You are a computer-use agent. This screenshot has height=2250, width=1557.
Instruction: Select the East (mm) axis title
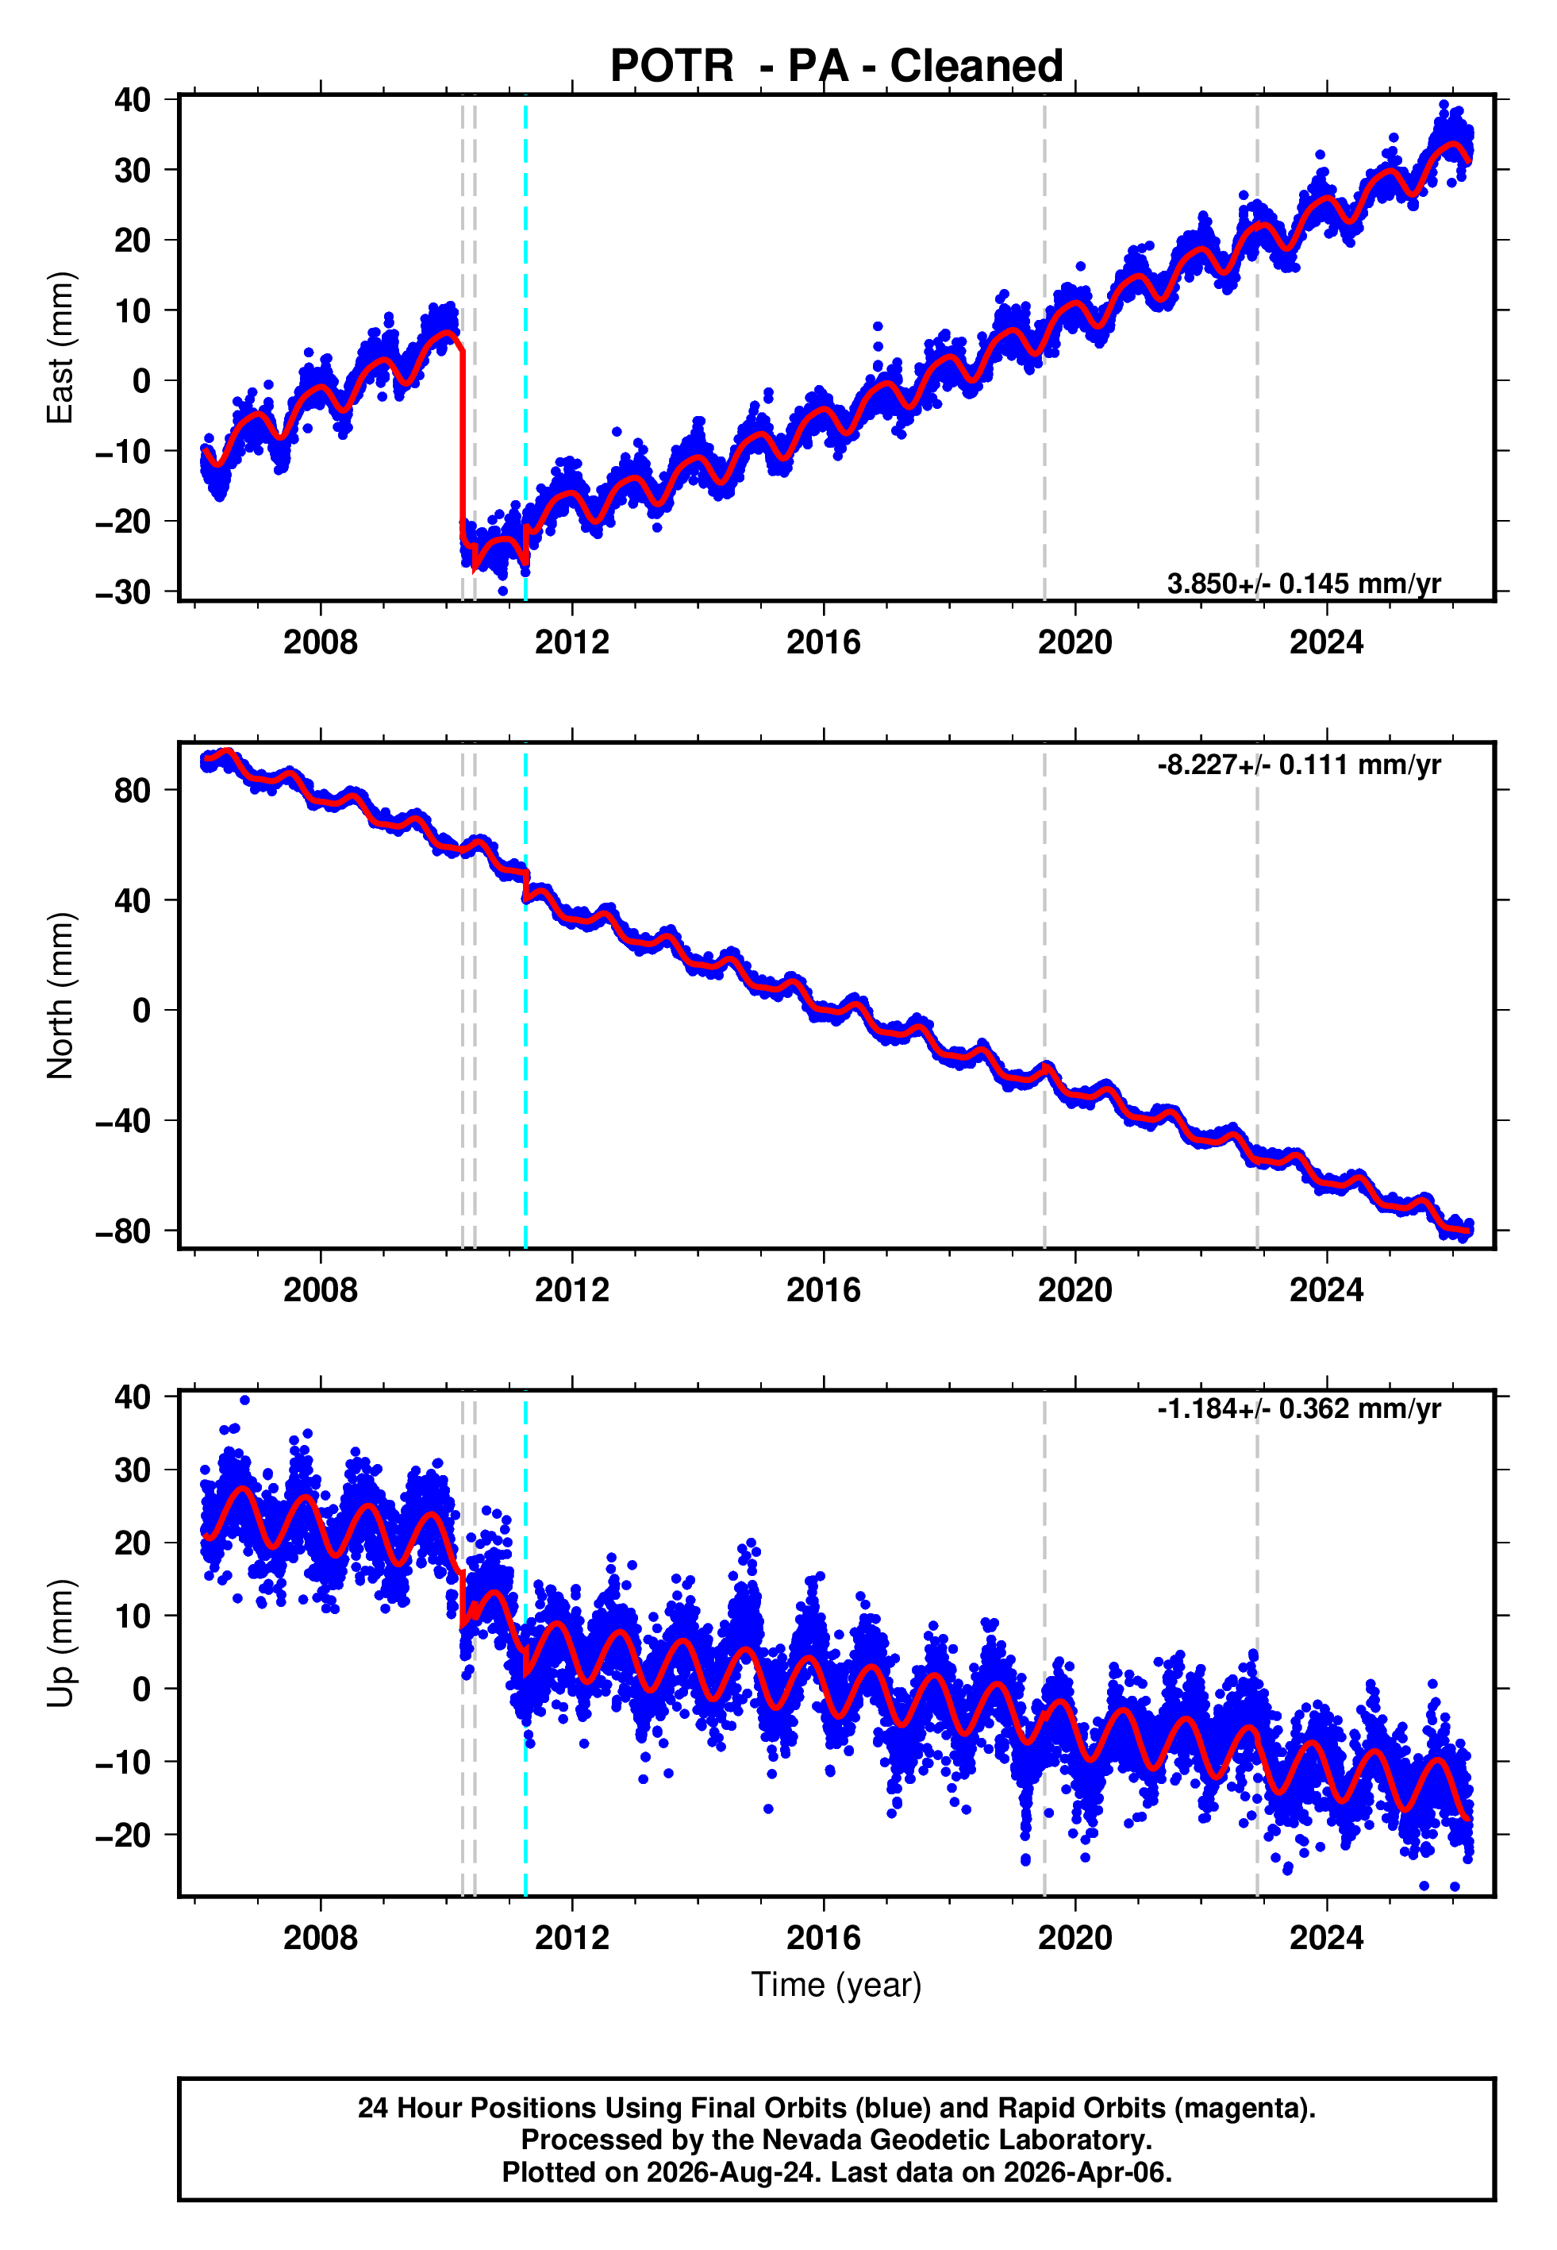coord(60,348)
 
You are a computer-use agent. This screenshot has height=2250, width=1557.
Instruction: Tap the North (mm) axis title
coord(60,996)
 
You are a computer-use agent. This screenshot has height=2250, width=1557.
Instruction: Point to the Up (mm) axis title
coord(60,1643)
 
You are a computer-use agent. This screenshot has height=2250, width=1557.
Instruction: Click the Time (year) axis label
coord(836,1985)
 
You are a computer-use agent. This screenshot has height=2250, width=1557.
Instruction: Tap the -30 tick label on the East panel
coord(124,592)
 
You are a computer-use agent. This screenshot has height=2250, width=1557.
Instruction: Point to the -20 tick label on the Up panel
coord(124,1836)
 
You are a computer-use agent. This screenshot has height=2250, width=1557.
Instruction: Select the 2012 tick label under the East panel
coord(571,642)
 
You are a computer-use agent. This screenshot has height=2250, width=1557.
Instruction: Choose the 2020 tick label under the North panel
coord(1075,1290)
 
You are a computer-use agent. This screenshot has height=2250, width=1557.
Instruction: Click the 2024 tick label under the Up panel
coord(1327,1938)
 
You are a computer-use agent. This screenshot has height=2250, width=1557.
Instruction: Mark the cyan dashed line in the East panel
coord(526,349)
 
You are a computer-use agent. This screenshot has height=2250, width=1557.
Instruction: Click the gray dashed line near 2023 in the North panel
coord(1256,996)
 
